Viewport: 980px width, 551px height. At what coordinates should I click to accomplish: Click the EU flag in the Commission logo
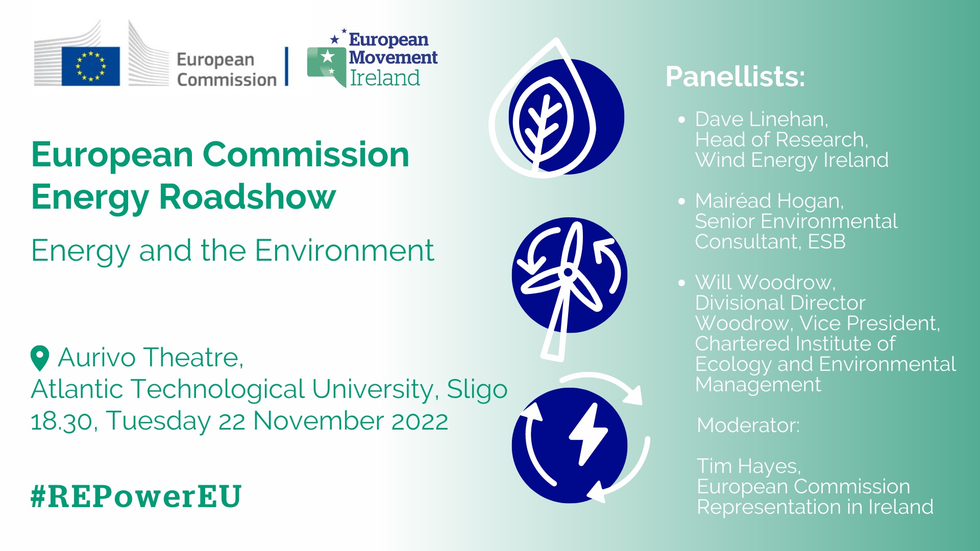tap(91, 66)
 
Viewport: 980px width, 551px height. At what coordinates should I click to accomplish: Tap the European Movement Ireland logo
tap(372, 58)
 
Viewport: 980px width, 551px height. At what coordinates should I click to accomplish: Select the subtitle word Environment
tap(345, 251)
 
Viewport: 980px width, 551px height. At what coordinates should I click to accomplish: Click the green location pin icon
tap(40, 358)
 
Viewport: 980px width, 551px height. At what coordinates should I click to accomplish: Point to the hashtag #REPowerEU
tap(136, 496)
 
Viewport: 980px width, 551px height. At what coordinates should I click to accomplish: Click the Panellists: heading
tap(735, 77)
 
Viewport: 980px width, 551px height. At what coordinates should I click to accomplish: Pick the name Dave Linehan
tap(761, 119)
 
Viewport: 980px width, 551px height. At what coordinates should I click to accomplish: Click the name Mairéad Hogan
tap(769, 201)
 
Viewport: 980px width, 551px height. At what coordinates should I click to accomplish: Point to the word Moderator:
tap(748, 425)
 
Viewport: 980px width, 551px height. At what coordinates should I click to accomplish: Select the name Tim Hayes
tap(749, 466)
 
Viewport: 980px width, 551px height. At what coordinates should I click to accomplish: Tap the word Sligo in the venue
tap(477, 389)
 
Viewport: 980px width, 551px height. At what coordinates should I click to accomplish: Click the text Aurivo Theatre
tap(151, 357)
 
